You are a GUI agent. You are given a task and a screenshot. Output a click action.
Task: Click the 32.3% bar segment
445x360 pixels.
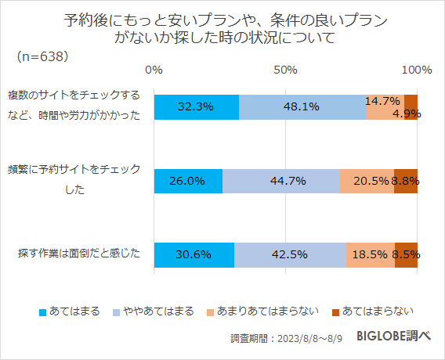[196, 107]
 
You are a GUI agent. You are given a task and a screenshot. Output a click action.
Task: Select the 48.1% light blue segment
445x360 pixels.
[302, 107]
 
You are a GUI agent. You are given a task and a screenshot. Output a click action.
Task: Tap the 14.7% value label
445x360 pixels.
[383, 101]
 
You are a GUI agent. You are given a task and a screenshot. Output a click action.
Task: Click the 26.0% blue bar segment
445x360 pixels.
[188, 181]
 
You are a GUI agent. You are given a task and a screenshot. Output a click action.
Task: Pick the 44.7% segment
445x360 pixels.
[280, 181]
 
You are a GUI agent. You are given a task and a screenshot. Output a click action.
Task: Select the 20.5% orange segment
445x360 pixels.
[367, 181]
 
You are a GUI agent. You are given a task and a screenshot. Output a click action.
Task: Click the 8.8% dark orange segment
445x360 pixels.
[406, 181]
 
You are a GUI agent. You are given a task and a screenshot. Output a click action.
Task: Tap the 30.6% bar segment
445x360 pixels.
[194, 255]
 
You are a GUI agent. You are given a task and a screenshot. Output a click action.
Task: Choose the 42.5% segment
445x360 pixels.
[290, 255]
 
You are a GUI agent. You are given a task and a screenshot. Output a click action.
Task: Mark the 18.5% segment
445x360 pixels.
[370, 255]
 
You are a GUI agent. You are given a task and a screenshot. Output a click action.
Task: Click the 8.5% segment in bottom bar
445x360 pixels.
[406, 255]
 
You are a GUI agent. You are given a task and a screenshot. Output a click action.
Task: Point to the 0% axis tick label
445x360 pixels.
[154, 70]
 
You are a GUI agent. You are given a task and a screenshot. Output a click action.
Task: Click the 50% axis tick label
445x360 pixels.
[285, 70]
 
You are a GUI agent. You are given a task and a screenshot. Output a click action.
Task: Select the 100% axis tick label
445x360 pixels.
[416, 70]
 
